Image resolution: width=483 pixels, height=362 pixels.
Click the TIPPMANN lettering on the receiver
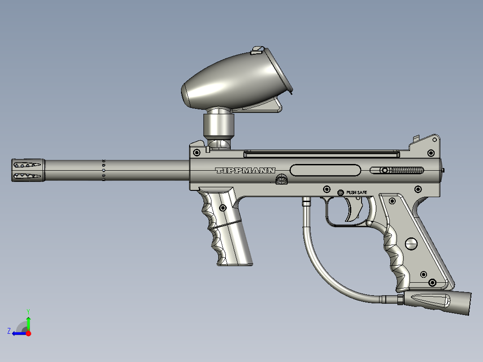click(x=245, y=171)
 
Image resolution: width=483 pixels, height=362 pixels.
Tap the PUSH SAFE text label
click(x=357, y=192)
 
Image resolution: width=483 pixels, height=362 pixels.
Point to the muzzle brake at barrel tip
click(x=28, y=170)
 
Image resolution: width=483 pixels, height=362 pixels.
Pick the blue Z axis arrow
click(x=17, y=333)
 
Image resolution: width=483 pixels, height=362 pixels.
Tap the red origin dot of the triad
click(x=28, y=333)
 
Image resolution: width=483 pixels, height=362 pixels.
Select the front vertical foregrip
click(x=226, y=228)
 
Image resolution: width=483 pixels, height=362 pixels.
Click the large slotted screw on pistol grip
click(x=411, y=244)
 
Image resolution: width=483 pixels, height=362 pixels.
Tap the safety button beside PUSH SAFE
click(x=341, y=193)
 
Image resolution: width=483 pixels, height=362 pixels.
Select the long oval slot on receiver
click(x=325, y=170)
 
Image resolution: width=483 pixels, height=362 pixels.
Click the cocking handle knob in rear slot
click(x=384, y=170)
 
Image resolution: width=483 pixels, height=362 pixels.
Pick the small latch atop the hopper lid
click(x=257, y=49)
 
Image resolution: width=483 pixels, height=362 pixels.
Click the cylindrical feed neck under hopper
click(x=219, y=125)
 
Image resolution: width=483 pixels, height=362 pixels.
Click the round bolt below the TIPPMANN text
click(x=281, y=179)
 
